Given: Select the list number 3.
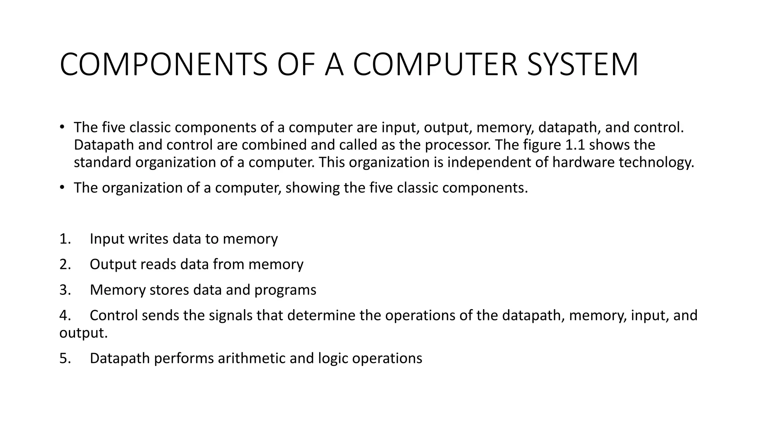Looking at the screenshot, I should [x=65, y=290].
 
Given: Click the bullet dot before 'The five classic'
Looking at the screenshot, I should [x=62, y=127].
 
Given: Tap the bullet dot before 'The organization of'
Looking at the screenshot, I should [x=62, y=187].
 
